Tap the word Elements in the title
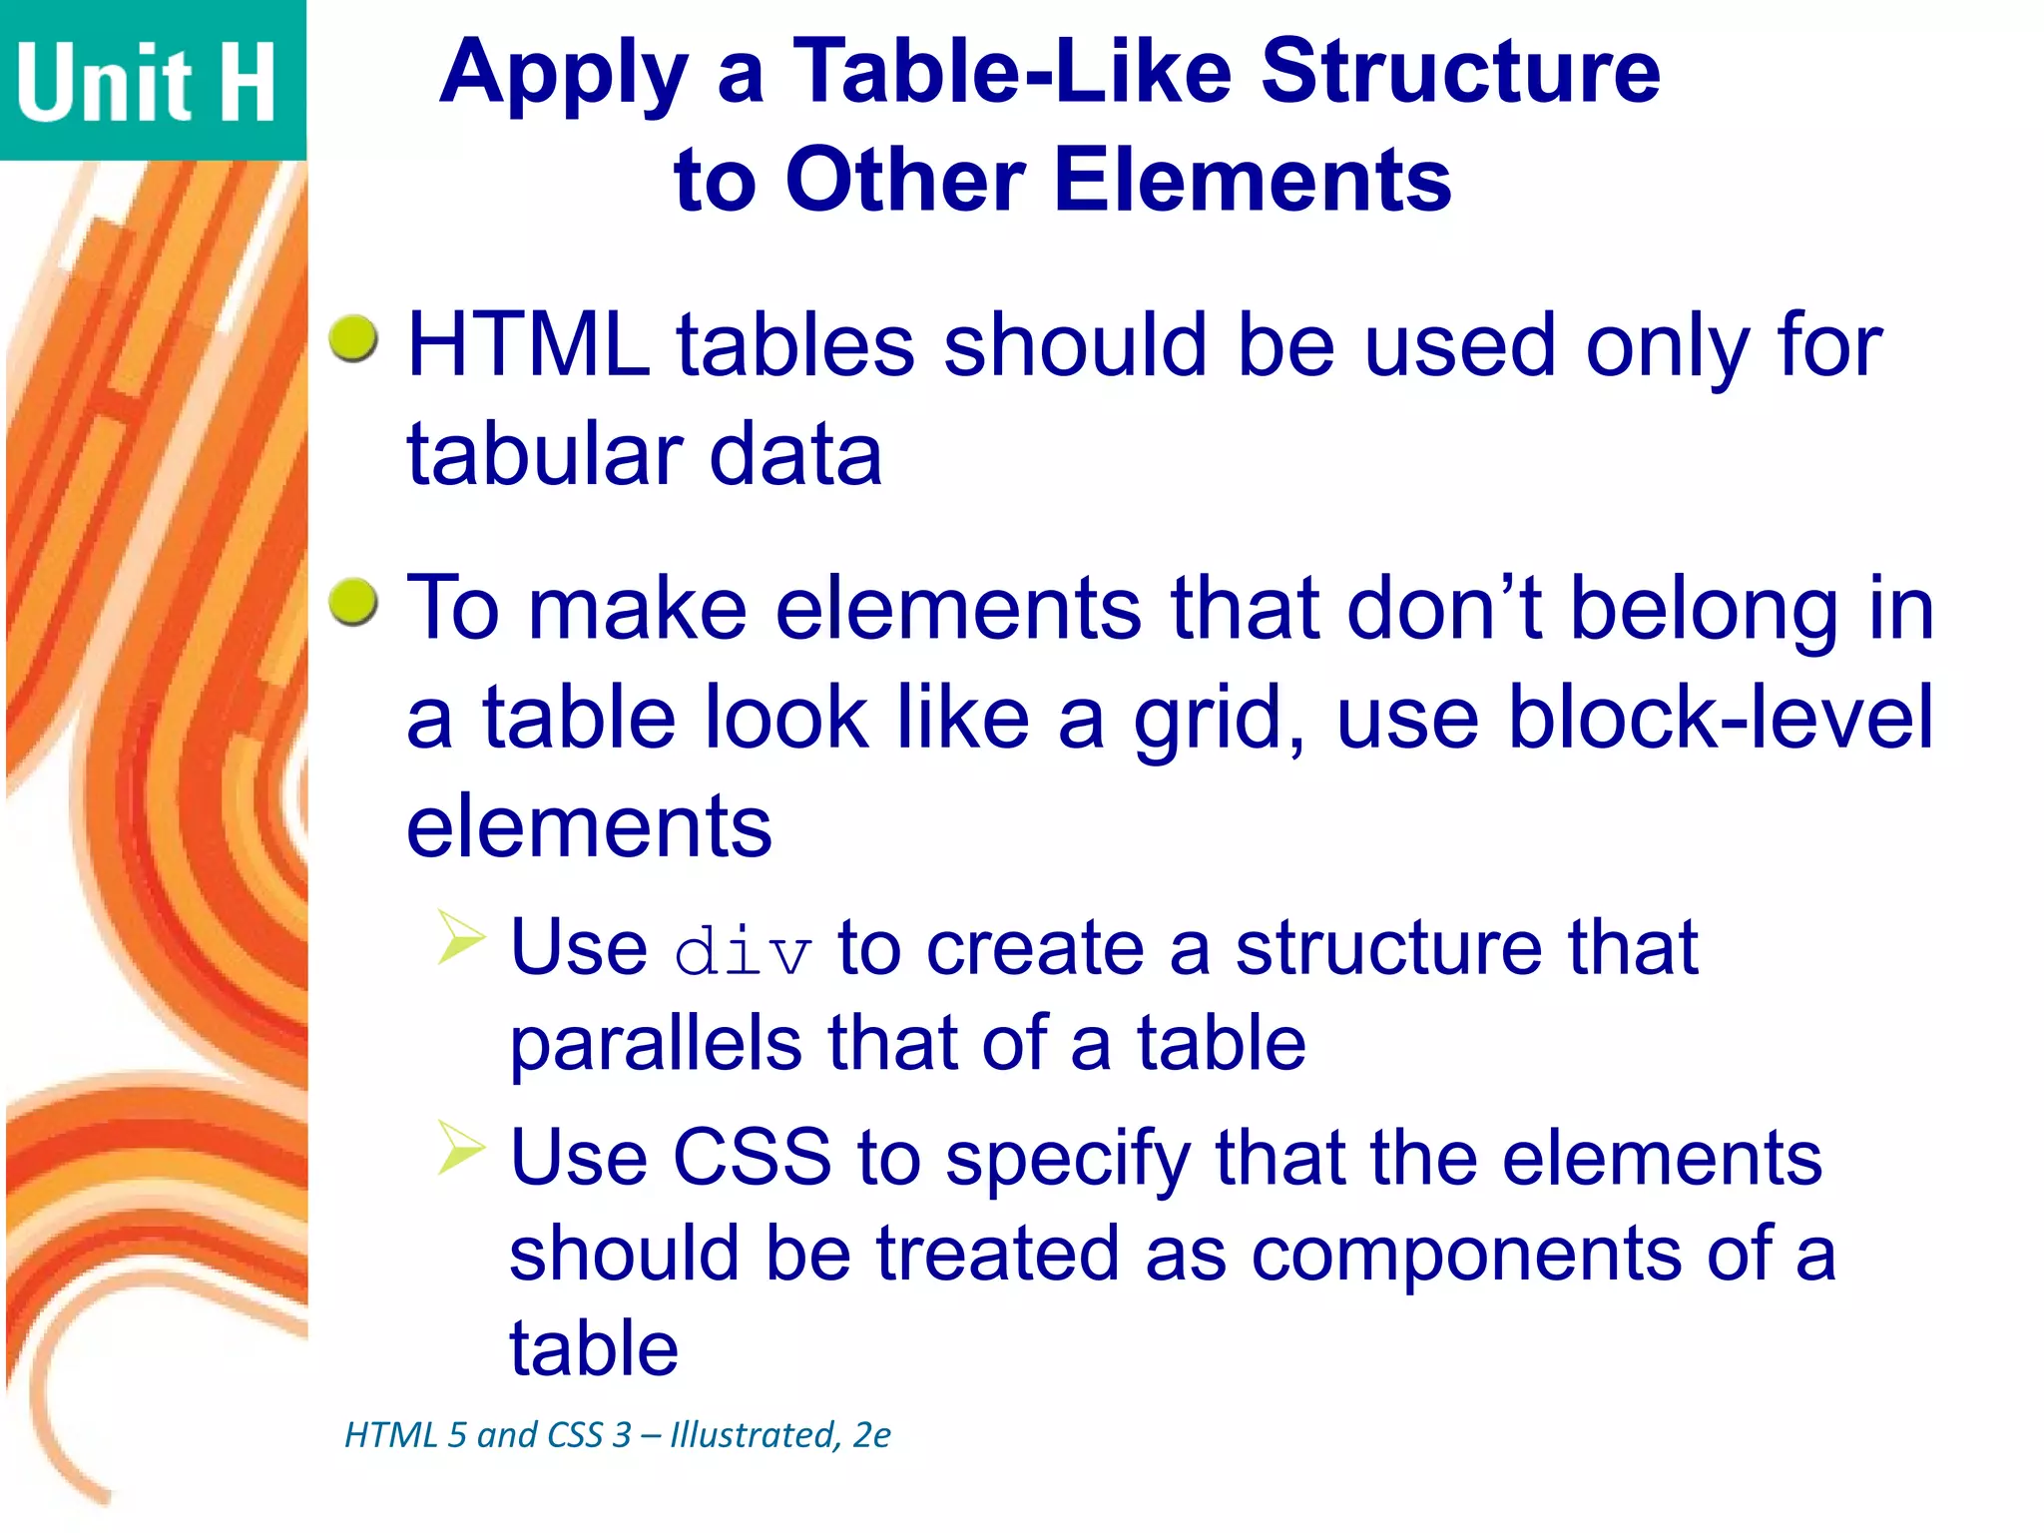pos(1253,181)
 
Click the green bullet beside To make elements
pos(354,602)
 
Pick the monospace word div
pos(743,952)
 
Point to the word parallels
pos(655,1045)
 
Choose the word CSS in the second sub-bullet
pos(752,1158)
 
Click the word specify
pos(1068,1161)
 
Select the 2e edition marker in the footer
pos(871,1435)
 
